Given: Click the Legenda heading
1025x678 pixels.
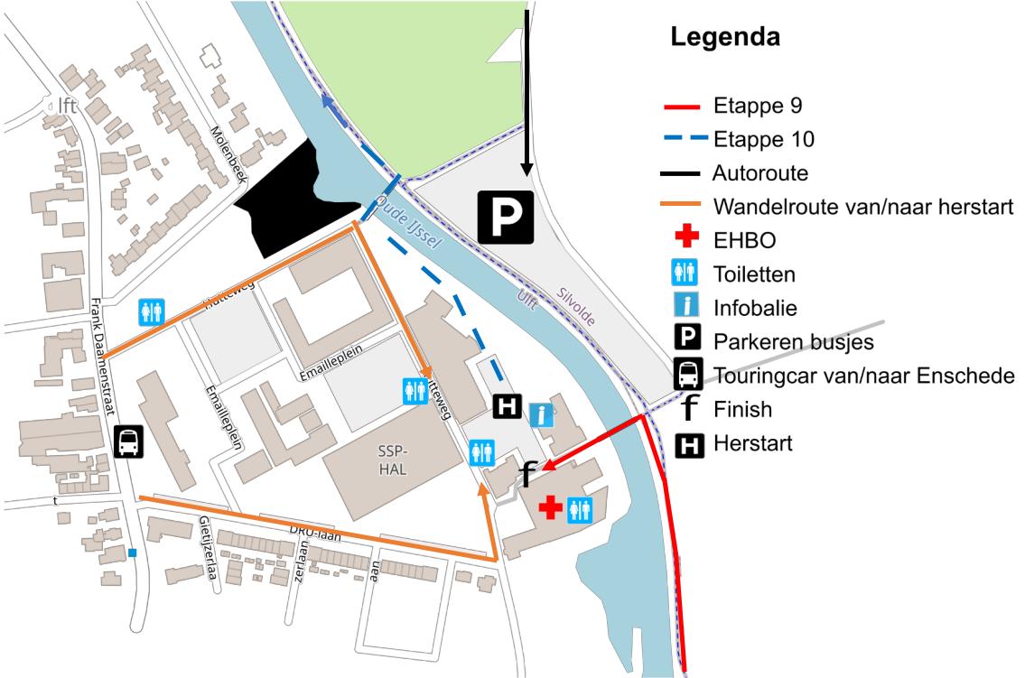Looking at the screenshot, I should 724,40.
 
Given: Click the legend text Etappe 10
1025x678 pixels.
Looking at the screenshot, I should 763,140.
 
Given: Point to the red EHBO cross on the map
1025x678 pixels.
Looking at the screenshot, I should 550,508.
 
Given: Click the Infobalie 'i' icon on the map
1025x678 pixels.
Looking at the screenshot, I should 541,414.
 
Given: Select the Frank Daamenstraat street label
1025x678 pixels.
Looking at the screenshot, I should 107,357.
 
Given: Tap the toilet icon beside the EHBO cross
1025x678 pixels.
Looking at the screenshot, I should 579,510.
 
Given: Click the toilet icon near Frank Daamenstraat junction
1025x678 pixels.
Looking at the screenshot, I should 151,312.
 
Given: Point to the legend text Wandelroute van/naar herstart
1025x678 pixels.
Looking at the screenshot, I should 862,207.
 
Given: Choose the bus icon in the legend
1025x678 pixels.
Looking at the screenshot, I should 689,375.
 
